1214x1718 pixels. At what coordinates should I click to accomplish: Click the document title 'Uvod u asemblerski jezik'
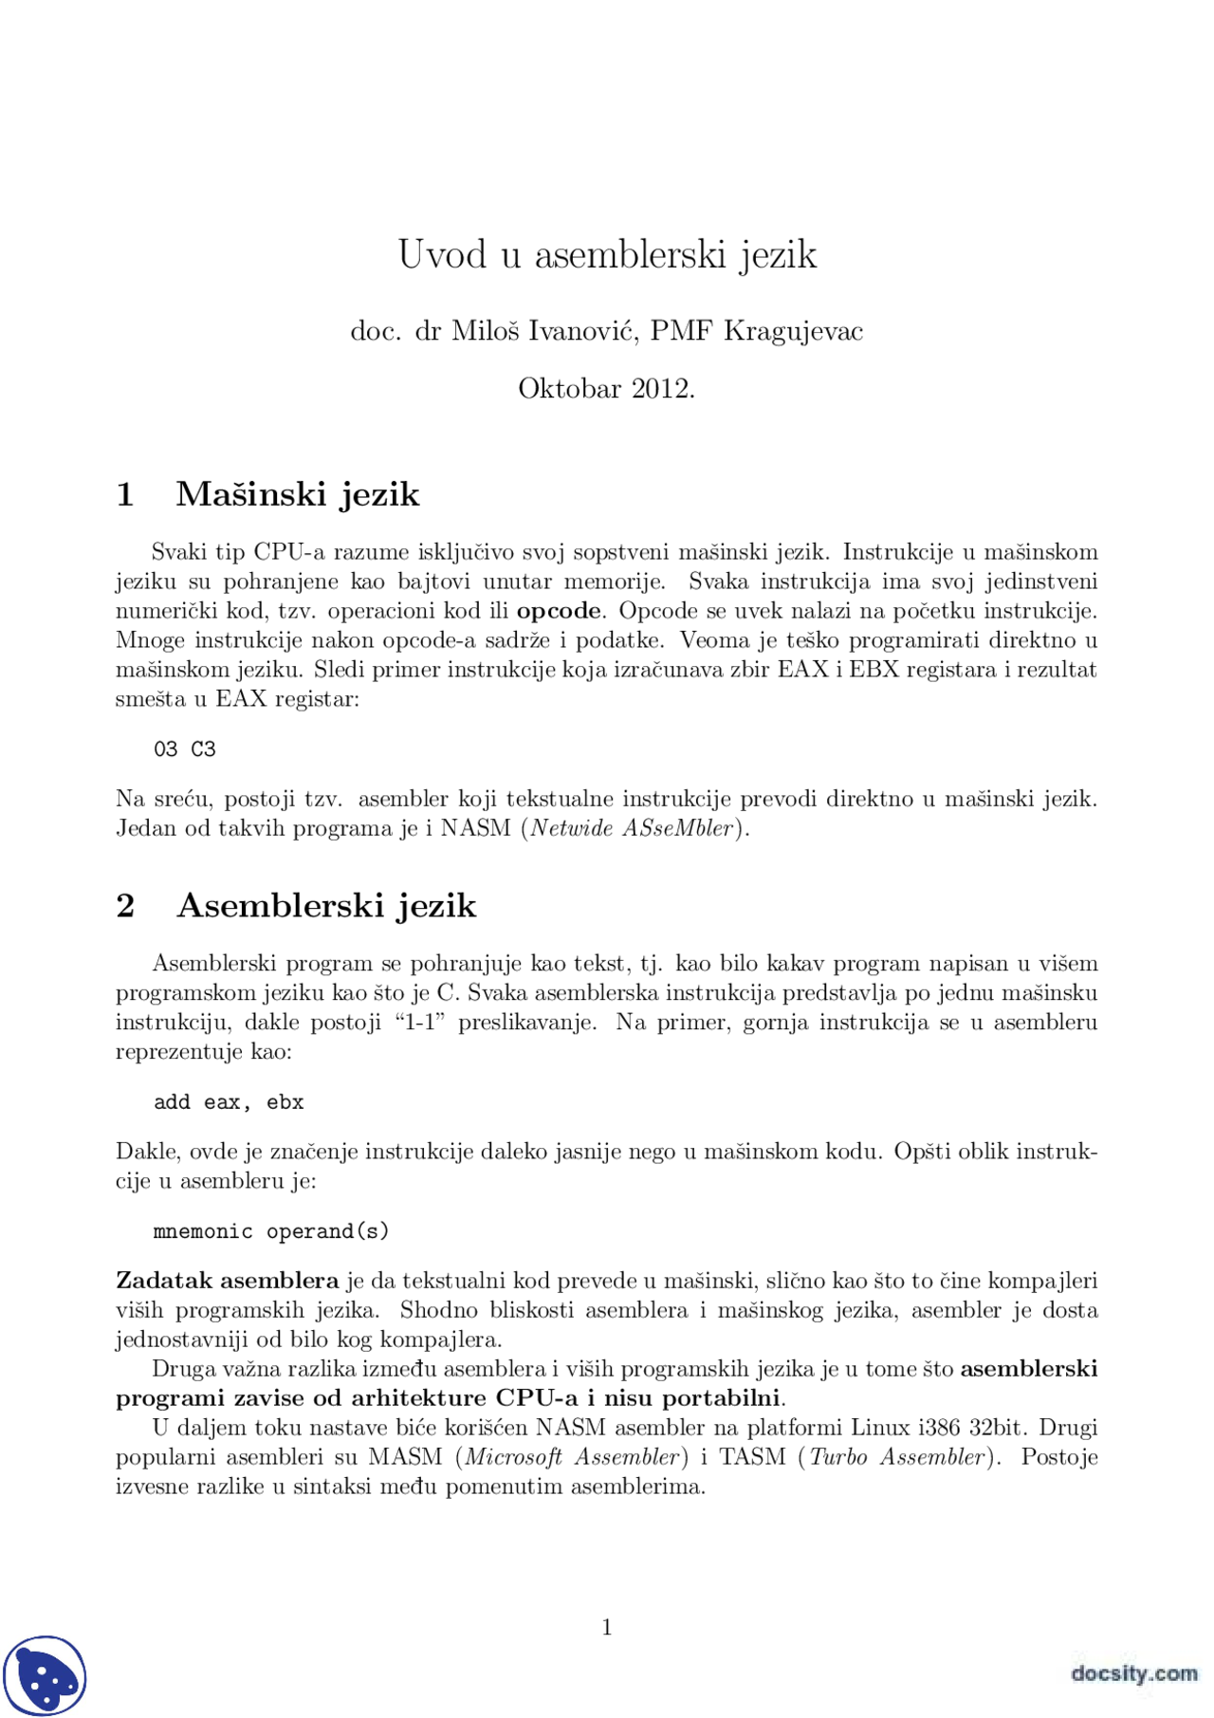coord(607,254)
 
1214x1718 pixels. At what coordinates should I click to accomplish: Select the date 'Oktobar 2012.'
coord(607,389)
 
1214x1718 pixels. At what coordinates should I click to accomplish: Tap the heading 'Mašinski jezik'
coord(297,494)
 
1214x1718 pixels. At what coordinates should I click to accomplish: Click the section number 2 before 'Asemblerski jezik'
coord(125,906)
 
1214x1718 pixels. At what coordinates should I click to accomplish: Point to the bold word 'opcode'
coord(558,611)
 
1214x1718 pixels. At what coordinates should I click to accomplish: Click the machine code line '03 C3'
coord(185,749)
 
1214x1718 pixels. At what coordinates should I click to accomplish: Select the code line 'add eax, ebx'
coord(229,1102)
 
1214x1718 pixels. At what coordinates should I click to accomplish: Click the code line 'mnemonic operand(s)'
coord(271,1231)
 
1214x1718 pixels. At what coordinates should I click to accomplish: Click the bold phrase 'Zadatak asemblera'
coord(227,1281)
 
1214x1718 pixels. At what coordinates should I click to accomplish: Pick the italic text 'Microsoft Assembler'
coord(573,1457)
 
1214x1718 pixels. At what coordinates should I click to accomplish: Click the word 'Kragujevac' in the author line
coord(793,331)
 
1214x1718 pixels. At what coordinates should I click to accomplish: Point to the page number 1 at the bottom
coord(607,1628)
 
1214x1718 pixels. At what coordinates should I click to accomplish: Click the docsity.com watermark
coord(1133,1672)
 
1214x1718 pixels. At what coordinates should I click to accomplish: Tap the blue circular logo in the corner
coord(45,1676)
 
